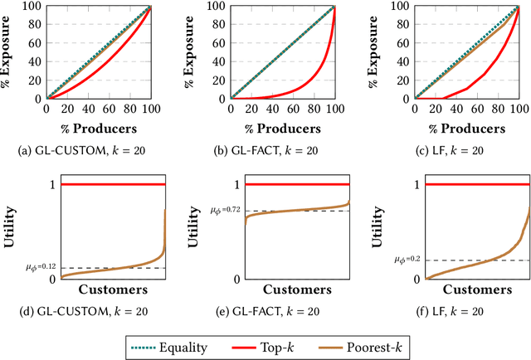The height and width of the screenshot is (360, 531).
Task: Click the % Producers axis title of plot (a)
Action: (97, 129)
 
